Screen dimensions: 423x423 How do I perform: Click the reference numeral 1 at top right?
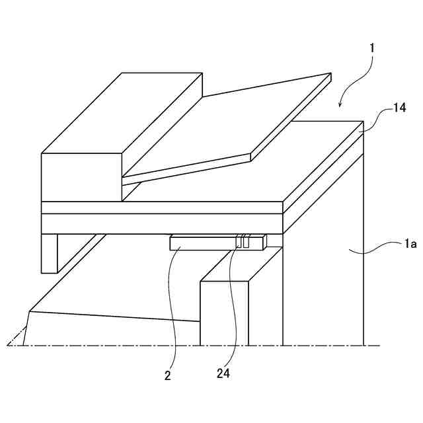point(373,48)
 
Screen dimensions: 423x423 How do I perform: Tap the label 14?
point(399,107)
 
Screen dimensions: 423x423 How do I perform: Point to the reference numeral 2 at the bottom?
point(168,375)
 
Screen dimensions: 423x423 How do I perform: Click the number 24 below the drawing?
point(223,373)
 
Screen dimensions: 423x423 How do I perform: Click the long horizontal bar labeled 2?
point(202,244)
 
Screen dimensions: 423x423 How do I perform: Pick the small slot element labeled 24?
point(243,243)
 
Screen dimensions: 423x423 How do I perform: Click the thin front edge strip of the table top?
point(162,208)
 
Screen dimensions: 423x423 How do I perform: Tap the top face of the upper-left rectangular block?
point(122,112)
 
